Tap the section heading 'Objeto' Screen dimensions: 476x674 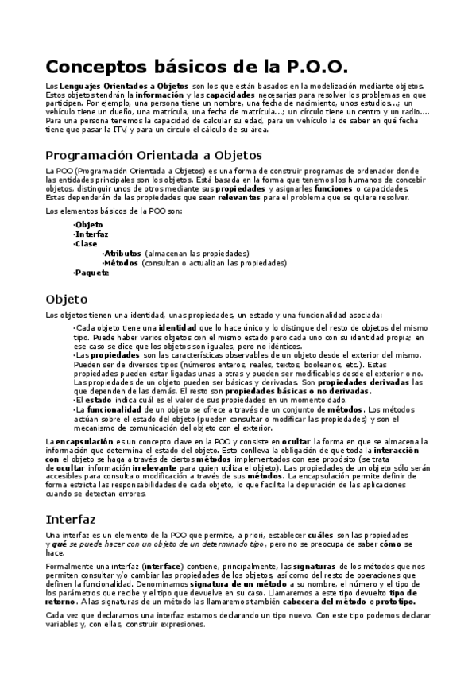(67, 300)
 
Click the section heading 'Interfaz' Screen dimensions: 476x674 (72, 519)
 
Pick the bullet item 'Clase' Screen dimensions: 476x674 (86, 244)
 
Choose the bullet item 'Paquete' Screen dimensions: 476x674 (91, 273)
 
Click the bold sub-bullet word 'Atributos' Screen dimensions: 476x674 (122, 253)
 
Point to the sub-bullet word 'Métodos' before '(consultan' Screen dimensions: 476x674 (121, 262)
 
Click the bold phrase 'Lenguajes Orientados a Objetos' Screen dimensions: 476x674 (124, 86)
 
